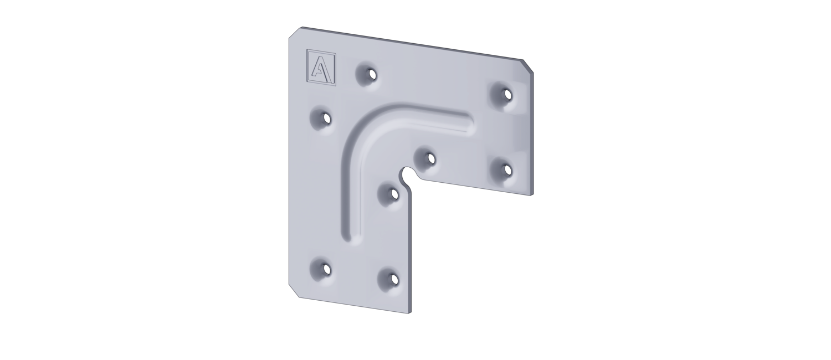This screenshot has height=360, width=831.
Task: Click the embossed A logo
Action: point(321,68)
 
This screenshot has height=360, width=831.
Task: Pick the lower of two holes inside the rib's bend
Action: point(394,193)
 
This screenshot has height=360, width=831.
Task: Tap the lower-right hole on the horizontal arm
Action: point(506,170)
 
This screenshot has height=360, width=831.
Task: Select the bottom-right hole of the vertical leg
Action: point(393,279)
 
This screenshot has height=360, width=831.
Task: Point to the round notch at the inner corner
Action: point(407,174)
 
